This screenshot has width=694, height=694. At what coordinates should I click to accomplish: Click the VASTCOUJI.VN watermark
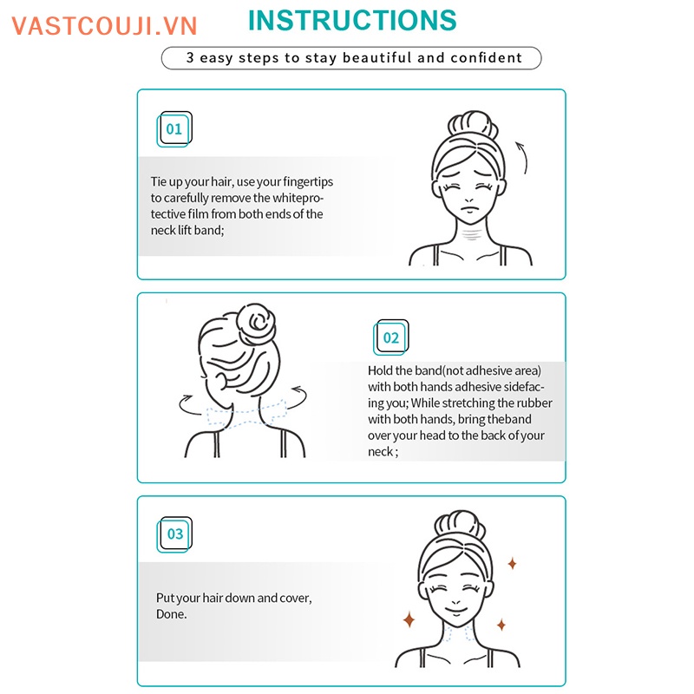click(x=105, y=25)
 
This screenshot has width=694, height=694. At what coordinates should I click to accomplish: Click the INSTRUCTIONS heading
click(x=351, y=20)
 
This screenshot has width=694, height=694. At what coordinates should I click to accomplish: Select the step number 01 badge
click(x=174, y=129)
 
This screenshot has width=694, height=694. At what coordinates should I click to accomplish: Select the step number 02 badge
click(x=391, y=337)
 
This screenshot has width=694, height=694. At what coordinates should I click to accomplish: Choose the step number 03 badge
click(x=175, y=534)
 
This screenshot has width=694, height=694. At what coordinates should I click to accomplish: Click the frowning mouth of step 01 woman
click(x=468, y=209)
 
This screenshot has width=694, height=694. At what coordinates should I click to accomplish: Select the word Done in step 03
click(x=170, y=614)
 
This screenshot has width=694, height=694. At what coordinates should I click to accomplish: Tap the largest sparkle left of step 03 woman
click(x=408, y=619)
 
